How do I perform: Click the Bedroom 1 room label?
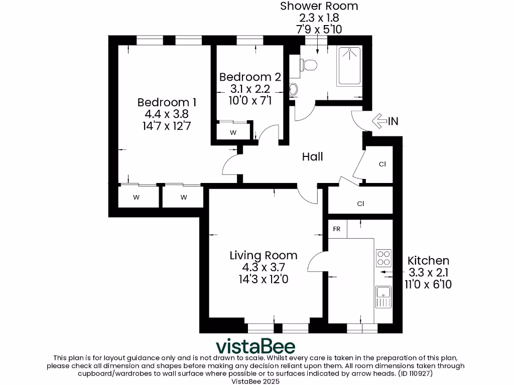tap(167, 102)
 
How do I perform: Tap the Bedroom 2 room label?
tap(250, 77)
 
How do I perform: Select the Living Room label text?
tap(263, 255)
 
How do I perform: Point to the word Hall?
tap(312, 157)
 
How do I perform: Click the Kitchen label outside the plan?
tap(428, 261)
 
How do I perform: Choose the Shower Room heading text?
tap(319, 7)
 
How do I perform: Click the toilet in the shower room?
tap(308, 64)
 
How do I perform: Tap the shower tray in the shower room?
tap(350, 66)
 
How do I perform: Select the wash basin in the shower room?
tap(293, 90)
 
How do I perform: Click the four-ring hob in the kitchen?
tap(383, 258)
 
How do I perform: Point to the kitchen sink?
tap(383, 296)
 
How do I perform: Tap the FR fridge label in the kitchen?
tap(337, 229)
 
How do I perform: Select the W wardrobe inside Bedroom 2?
tap(233, 133)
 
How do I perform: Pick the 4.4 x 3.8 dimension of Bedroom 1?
tap(167, 114)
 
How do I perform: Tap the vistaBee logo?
tap(255, 346)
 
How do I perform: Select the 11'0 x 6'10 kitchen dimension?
tap(428, 284)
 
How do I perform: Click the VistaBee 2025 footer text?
tap(256, 381)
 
